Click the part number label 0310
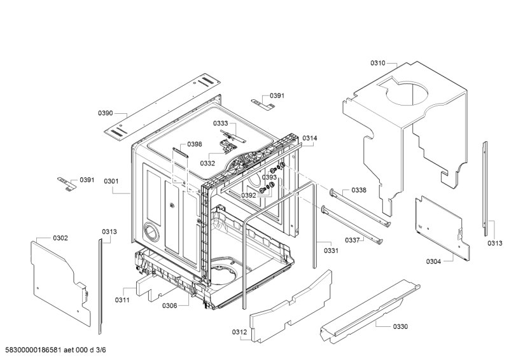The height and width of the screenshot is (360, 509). point(378,63)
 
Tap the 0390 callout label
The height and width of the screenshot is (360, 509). point(106,113)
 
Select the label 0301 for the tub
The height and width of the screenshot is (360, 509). point(111,181)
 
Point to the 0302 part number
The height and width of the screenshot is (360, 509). point(60,238)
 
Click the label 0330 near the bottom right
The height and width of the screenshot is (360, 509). point(400,326)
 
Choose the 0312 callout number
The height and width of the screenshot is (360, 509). point(239,332)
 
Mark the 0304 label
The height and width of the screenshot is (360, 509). point(434,261)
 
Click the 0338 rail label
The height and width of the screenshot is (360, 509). point(359,190)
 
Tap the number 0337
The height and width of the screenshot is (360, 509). point(352,240)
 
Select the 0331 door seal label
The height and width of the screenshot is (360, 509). point(331,250)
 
